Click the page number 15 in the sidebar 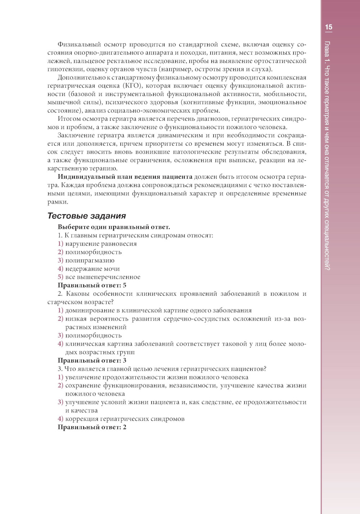(328, 27)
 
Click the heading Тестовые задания (86, 216)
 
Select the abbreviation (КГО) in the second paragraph (133, 86)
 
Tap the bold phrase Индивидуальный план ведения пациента (125, 177)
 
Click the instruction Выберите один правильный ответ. (114, 227)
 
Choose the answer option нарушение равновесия (101, 244)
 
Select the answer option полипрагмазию (90, 260)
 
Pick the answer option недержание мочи (92, 269)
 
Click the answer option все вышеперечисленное (103, 277)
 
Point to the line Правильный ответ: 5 (92, 285)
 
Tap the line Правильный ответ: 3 (92, 360)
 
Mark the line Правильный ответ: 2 (92, 427)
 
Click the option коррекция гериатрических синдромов (125, 419)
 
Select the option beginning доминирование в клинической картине (158, 310)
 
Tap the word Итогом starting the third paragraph (69, 119)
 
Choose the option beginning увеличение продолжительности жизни (157, 377)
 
